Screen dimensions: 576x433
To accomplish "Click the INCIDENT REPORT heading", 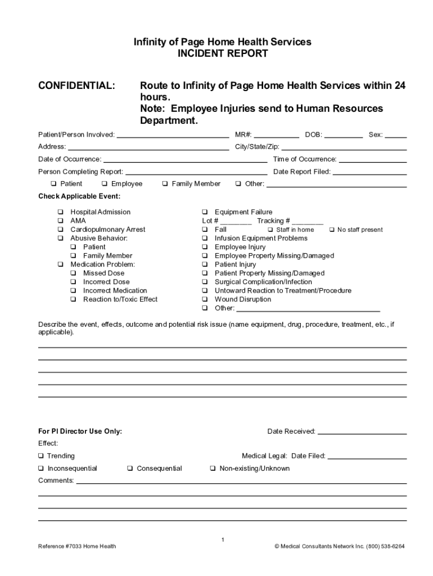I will [223, 54].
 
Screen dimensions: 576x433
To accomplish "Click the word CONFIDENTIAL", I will [76, 85].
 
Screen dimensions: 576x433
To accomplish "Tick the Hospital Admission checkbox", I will [60, 212].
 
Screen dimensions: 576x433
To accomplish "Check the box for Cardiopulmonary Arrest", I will [60, 229].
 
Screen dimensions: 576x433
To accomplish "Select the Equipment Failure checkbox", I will [205, 212].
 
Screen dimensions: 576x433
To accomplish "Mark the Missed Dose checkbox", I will [74, 273].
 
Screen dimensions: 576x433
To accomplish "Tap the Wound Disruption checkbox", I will [205, 299].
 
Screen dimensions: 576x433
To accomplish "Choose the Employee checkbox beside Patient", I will [105, 184].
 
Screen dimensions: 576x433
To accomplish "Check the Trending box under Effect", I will [41, 456].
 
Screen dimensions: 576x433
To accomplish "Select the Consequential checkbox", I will [130, 469].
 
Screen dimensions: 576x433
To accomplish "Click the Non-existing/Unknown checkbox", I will [213, 469].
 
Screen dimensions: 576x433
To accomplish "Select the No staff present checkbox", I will [332, 229].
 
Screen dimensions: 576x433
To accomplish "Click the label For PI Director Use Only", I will [80, 431].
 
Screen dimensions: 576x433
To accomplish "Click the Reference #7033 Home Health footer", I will [77, 546].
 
